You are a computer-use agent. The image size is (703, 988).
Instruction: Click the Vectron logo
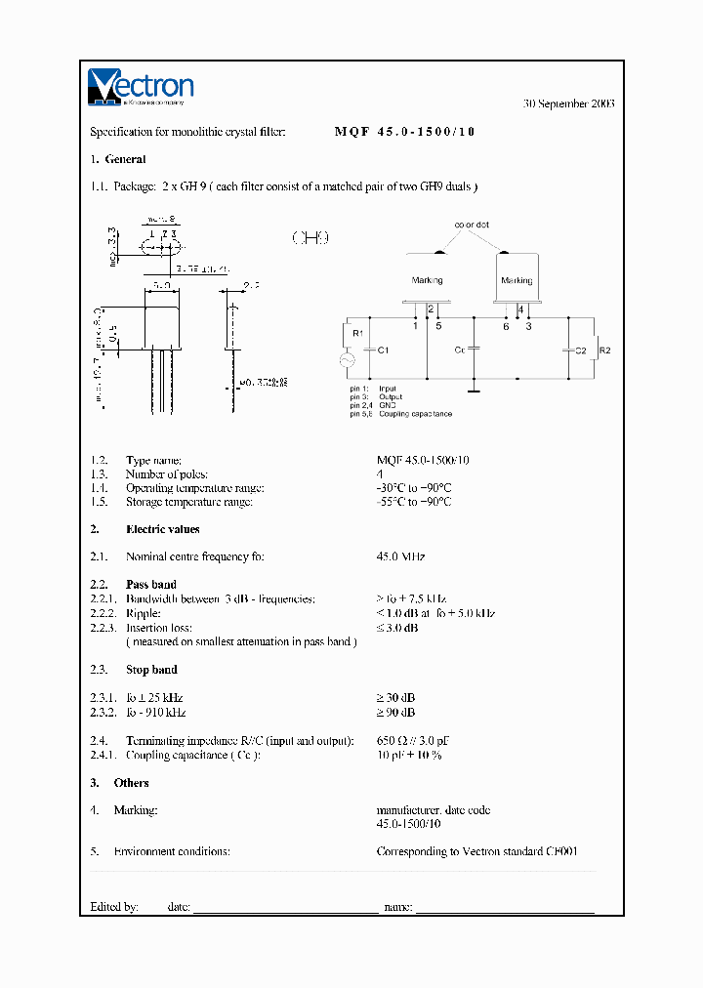pos(142,86)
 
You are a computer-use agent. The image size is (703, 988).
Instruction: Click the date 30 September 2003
pos(568,103)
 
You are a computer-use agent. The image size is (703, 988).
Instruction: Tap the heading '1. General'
pos(118,159)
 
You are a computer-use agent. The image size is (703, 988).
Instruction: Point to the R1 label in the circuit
pos(357,333)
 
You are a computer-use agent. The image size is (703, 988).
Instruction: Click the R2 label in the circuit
pos(604,349)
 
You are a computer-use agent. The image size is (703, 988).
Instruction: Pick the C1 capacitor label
pos(384,349)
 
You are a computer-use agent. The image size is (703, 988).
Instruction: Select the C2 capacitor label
pos(580,349)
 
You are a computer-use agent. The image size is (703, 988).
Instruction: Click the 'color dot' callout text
pos(471,225)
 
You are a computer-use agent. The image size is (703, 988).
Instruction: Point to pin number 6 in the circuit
pos(505,326)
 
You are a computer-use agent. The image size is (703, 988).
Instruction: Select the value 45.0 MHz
pos(400,556)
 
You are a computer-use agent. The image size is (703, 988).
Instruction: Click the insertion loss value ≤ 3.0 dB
pos(397,628)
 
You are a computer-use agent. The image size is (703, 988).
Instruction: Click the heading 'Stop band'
pos(151,670)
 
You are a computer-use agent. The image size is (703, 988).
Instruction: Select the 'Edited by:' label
pos(114,906)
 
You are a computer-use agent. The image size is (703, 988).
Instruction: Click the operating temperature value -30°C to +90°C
pos(414,487)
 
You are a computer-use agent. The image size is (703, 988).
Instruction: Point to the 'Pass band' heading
pos(151,584)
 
